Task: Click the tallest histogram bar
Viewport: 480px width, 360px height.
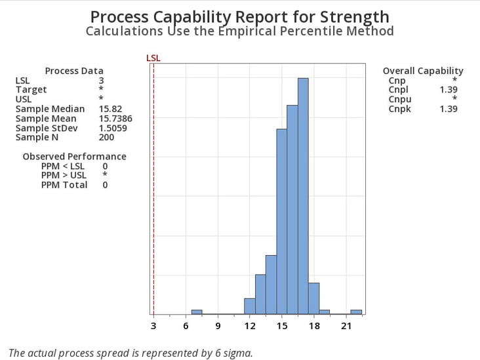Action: (303, 197)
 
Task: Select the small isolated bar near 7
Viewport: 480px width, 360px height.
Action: (197, 312)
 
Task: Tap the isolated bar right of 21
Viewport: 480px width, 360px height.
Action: (356, 312)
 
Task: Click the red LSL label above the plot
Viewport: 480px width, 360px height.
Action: (153, 58)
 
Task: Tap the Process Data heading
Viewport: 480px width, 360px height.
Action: (74, 71)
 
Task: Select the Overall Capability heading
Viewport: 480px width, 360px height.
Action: (423, 71)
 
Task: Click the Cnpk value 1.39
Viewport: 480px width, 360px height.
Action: (449, 109)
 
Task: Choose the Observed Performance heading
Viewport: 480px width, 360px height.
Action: (74, 157)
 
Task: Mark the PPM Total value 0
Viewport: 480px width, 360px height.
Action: (105, 185)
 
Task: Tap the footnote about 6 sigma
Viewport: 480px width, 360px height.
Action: (130, 353)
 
